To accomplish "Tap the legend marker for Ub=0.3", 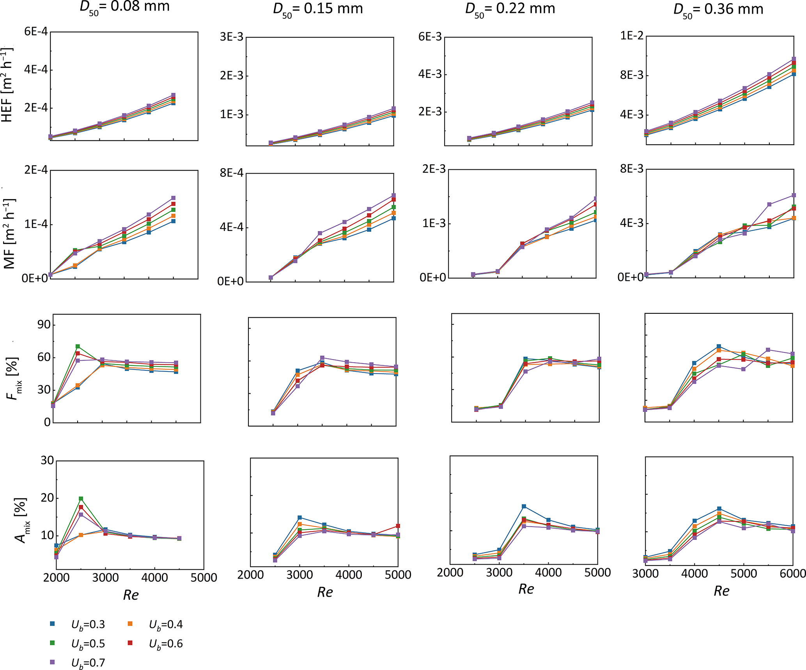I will pos(52,624).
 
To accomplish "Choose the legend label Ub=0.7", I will pos(88,663).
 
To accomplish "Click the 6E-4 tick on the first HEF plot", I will pos(36,31).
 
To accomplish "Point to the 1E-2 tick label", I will pos(632,36).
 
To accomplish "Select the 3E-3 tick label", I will pos(232,37).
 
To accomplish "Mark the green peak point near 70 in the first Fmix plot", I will pos(78,347).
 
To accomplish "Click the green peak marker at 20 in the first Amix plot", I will pos(81,499).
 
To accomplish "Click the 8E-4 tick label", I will pos(232,172).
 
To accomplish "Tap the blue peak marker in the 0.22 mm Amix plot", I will pos(524,506).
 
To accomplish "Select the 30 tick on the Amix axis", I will pos(47,460).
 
